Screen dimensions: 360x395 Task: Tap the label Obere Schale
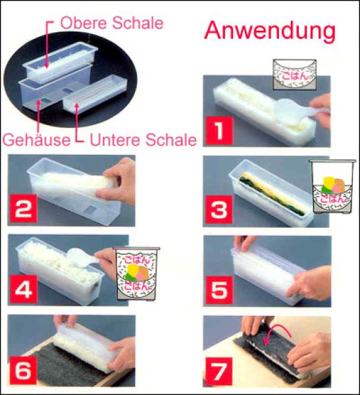click(112, 23)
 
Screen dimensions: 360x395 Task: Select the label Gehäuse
click(37, 140)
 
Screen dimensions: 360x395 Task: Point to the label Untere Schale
click(143, 140)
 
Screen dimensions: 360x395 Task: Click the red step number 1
click(219, 130)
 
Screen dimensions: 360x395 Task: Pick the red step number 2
click(23, 209)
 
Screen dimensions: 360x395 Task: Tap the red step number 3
click(219, 209)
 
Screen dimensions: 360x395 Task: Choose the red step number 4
click(24, 289)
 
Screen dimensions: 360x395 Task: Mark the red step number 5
click(219, 290)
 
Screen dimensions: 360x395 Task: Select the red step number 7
click(219, 371)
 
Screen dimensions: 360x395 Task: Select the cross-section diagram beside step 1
click(294, 74)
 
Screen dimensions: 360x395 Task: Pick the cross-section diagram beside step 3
click(332, 187)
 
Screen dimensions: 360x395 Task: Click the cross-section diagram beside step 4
click(136, 274)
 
